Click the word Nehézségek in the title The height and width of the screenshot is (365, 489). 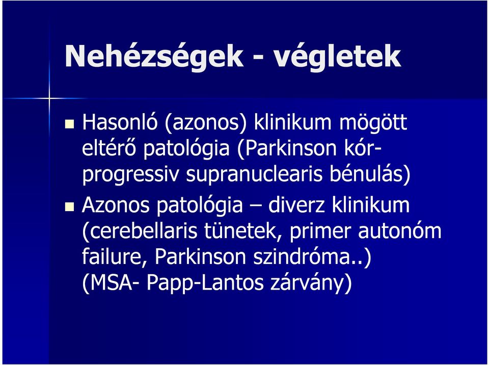153,57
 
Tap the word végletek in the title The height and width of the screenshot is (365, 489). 337,57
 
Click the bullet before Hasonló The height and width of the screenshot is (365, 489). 69,124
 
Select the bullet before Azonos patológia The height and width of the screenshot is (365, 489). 69,206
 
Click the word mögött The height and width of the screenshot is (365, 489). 373,123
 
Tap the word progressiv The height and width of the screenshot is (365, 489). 131,176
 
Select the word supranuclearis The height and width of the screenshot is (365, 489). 254,176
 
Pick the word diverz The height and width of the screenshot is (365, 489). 296,205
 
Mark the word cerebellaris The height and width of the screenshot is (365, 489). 143,231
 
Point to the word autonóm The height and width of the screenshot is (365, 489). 399,231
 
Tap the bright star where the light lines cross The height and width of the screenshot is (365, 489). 49,99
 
